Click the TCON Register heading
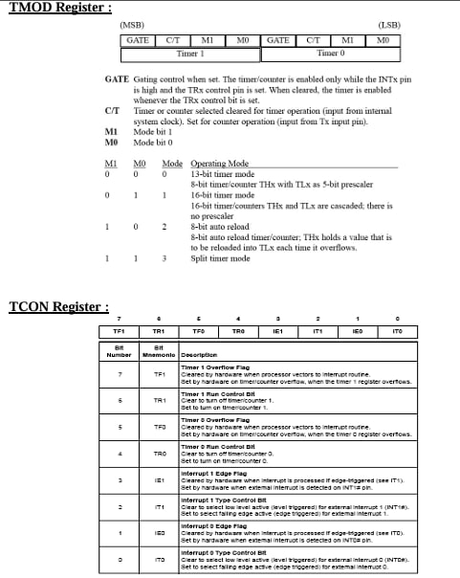[x=58, y=306]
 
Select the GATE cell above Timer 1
[x=138, y=40]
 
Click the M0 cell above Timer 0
[x=383, y=40]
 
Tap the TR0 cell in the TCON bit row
[x=239, y=331]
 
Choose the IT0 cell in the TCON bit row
[x=397, y=331]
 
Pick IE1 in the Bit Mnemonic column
[x=160, y=480]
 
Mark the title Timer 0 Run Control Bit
[x=216, y=447]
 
